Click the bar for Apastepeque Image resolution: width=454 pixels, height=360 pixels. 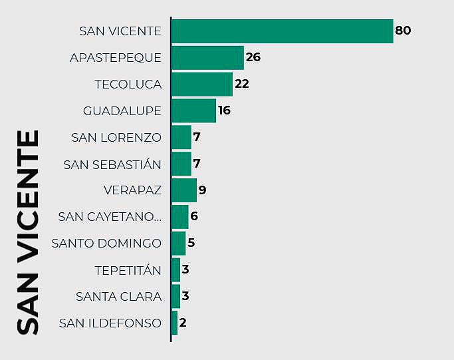coord(207,57)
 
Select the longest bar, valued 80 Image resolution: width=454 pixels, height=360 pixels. coord(282,31)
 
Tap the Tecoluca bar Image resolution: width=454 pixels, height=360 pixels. coord(202,84)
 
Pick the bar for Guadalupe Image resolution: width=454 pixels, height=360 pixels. coord(193,110)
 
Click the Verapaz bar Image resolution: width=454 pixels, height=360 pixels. coord(184,190)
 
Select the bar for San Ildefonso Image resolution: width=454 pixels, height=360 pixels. coord(175,323)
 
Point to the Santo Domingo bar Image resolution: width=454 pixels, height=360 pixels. coord(178,244)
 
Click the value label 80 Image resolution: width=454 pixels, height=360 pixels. coord(403,31)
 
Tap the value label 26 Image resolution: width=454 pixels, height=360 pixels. coord(253,57)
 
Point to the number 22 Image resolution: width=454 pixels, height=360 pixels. coord(242,84)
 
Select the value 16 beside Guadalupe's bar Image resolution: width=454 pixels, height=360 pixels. coord(225,110)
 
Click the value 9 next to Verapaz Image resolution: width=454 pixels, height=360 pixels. coord(203,190)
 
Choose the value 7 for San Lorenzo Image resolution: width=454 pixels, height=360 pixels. coord(197,137)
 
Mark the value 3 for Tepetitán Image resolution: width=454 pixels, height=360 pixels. coord(185,270)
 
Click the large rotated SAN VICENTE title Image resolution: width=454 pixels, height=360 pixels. coord(28,233)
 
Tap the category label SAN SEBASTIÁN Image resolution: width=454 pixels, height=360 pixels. coord(112,164)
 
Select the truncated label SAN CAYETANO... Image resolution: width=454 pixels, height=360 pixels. coord(110,217)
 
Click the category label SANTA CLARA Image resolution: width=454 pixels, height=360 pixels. coord(118,297)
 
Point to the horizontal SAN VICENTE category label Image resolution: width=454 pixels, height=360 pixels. coord(120,31)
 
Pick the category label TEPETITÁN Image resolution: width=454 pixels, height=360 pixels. coord(128,270)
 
